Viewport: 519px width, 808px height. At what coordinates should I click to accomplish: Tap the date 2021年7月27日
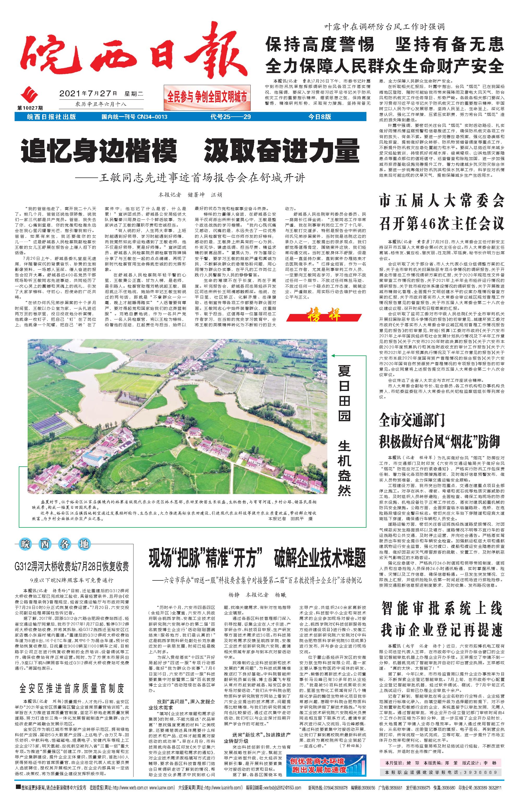tap(88, 93)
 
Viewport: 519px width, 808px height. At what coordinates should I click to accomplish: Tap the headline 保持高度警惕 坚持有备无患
tap(384, 44)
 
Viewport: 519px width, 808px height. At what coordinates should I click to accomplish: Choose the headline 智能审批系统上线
tap(442, 608)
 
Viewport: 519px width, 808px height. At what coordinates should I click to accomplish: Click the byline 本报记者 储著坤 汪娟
tap(190, 195)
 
